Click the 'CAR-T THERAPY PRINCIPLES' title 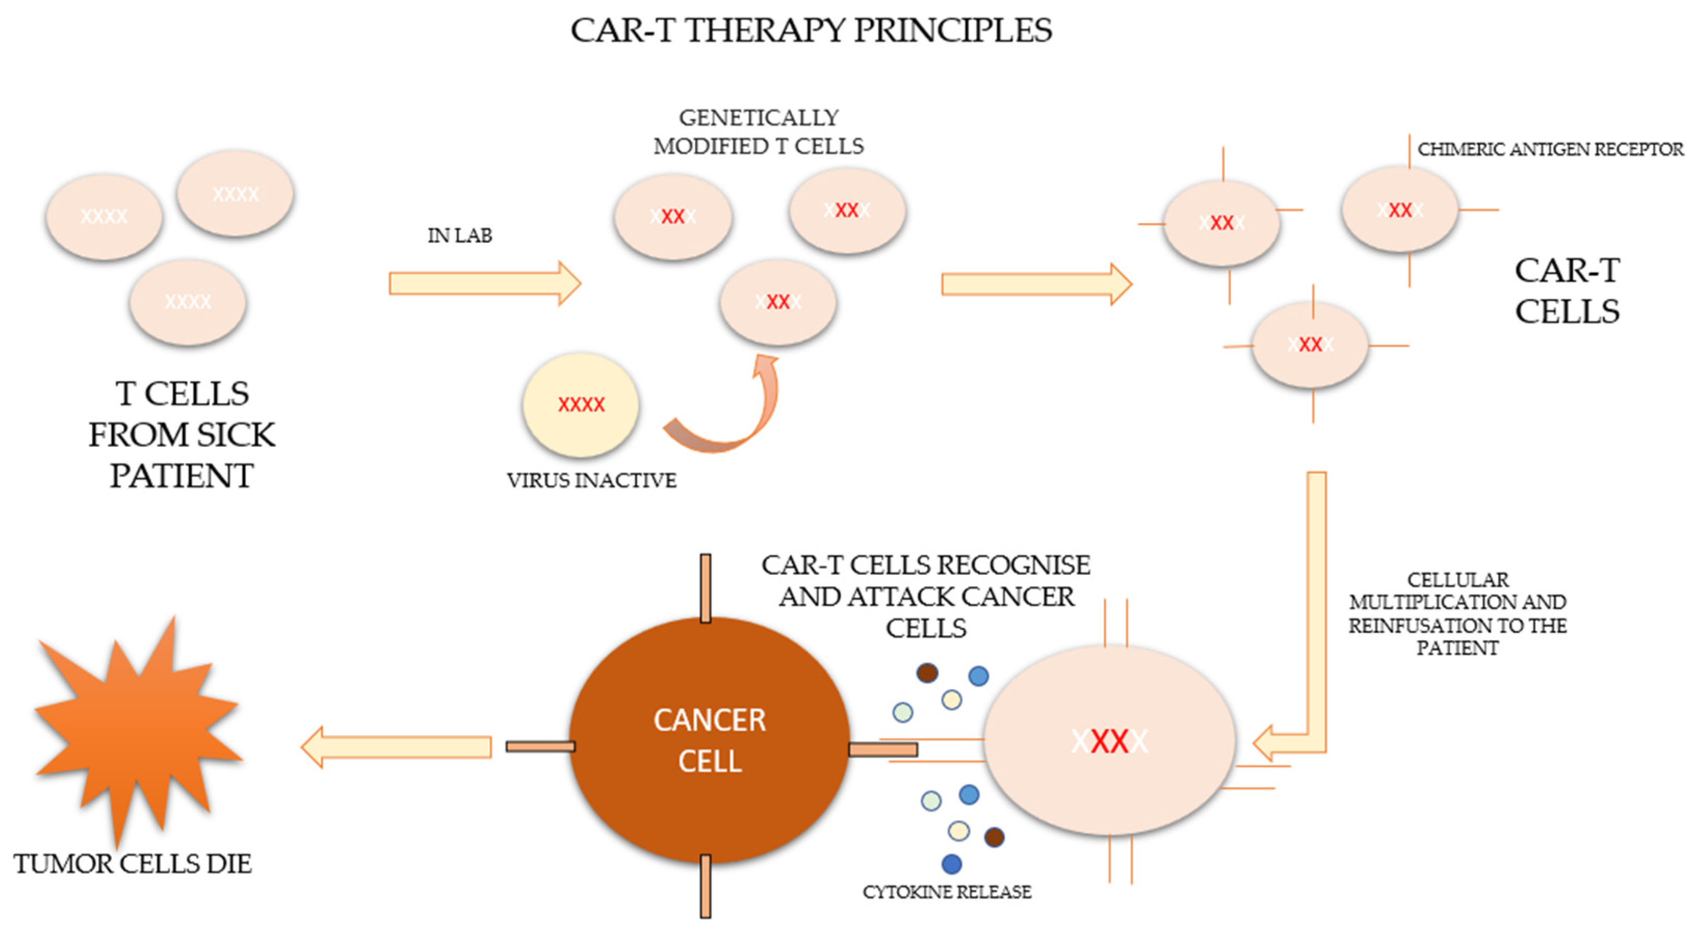(x=811, y=30)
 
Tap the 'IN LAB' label (x=460, y=235)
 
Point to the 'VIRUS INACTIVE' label (x=591, y=480)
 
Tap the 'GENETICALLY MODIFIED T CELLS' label (x=759, y=132)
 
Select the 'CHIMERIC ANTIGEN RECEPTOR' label (x=1550, y=150)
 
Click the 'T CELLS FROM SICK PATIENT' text (x=181, y=435)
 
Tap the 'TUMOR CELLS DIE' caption (x=133, y=864)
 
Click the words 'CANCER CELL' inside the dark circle (x=710, y=740)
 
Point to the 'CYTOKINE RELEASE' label (x=946, y=892)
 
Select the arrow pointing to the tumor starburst (x=396, y=747)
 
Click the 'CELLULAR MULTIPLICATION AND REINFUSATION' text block (x=1458, y=614)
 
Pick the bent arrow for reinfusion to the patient (x=1316, y=660)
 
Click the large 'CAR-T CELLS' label (x=1567, y=291)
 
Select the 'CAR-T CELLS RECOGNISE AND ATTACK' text (x=926, y=596)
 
